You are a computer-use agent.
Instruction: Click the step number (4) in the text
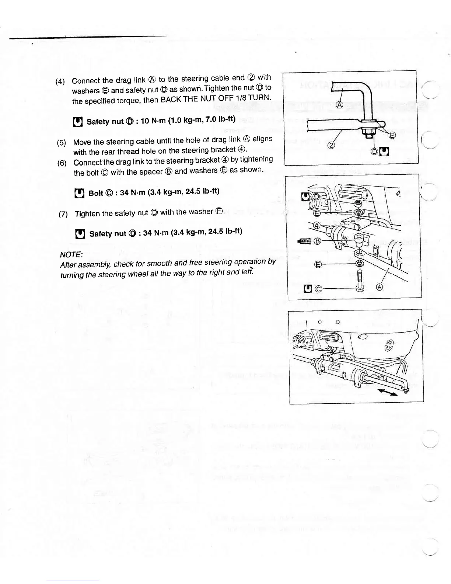click(x=60, y=82)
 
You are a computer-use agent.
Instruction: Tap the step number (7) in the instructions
click(x=63, y=214)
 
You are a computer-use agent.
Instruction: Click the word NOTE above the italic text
click(x=71, y=255)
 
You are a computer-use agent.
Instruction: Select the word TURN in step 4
click(x=260, y=98)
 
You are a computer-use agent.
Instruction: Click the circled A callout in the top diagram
click(x=340, y=105)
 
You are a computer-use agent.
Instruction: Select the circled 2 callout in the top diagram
click(x=331, y=145)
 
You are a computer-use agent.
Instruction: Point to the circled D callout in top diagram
click(x=375, y=151)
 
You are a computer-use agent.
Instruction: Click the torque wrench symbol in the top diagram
click(x=384, y=151)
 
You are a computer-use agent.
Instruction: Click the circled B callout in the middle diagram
click(x=317, y=241)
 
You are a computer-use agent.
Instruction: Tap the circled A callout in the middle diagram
click(x=379, y=288)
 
